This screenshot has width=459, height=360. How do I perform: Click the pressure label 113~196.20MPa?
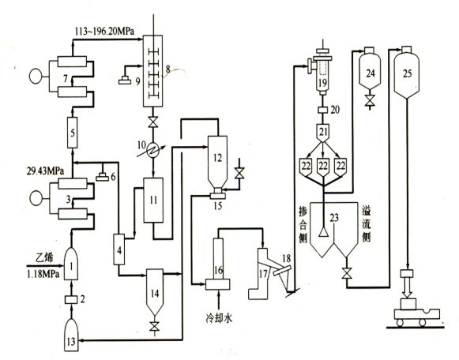pos(104,31)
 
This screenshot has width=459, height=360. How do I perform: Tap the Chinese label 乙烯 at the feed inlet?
pos(44,258)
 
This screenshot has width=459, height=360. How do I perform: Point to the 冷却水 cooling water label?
pos(219,318)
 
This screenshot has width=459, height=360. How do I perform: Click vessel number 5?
pos(73,133)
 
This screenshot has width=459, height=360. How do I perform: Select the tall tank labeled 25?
pos(407,72)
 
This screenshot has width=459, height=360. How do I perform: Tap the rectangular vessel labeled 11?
pos(153,201)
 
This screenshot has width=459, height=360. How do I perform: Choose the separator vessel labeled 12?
pos(217,163)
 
